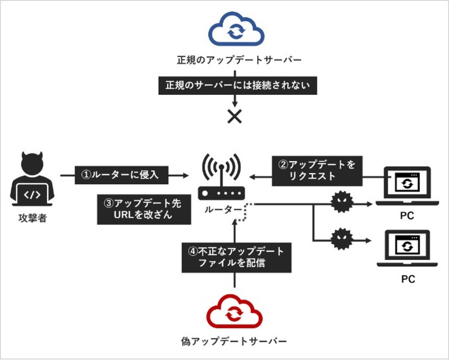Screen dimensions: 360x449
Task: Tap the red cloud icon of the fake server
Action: [x=233, y=315]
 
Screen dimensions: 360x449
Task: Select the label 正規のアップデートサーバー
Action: [x=233, y=60]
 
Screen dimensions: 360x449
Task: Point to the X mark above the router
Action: [x=233, y=116]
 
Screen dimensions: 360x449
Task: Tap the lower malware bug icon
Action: [x=340, y=238]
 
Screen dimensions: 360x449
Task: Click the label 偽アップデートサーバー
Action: [x=233, y=341]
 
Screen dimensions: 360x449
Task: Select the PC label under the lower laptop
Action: [x=407, y=279]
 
